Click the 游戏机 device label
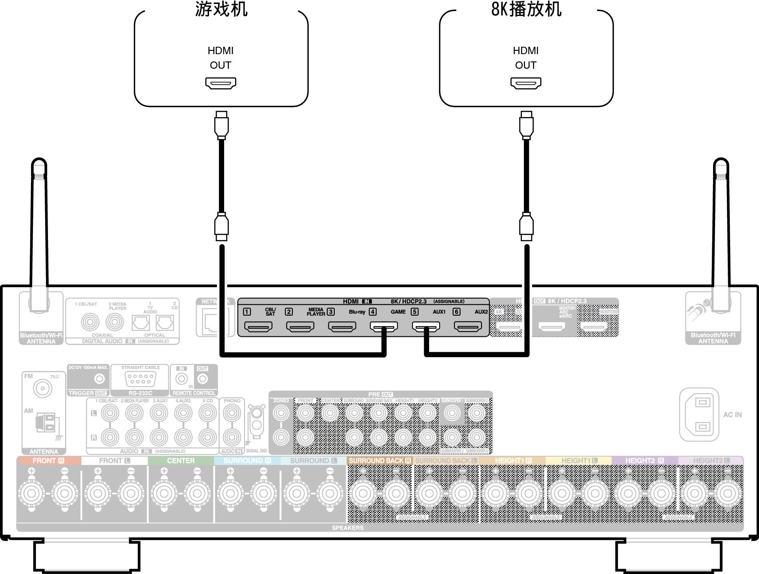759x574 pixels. click(x=221, y=9)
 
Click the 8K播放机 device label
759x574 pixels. click(x=526, y=9)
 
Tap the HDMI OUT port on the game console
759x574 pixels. click(x=220, y=83)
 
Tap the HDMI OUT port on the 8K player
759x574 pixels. click(x=526, y=83)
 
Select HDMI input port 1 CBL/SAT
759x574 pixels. click(x=258, y=326)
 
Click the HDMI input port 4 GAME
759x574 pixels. click(x=384, y=326)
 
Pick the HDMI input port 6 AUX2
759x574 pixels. click(x=468, y=326)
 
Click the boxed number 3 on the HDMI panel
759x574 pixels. click(x=331, y=312)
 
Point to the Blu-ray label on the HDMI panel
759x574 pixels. click(x=357, y=312)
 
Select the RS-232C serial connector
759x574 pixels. click(x=140, y=379)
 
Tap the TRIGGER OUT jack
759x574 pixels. click(x=99, y=379)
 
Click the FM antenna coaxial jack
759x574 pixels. click(x=43, y=388)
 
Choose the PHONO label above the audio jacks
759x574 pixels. click(x=232, y=401)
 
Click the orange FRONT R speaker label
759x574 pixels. click(x=48, y=461)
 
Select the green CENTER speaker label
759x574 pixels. click(x=181, y=461)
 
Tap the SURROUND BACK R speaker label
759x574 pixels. click(x=379, y=461)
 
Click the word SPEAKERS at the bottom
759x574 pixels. click(x=347, y=528)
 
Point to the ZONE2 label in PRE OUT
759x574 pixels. click(x=281, y=401)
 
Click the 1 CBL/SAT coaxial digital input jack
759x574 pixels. click(x=90, y=323)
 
